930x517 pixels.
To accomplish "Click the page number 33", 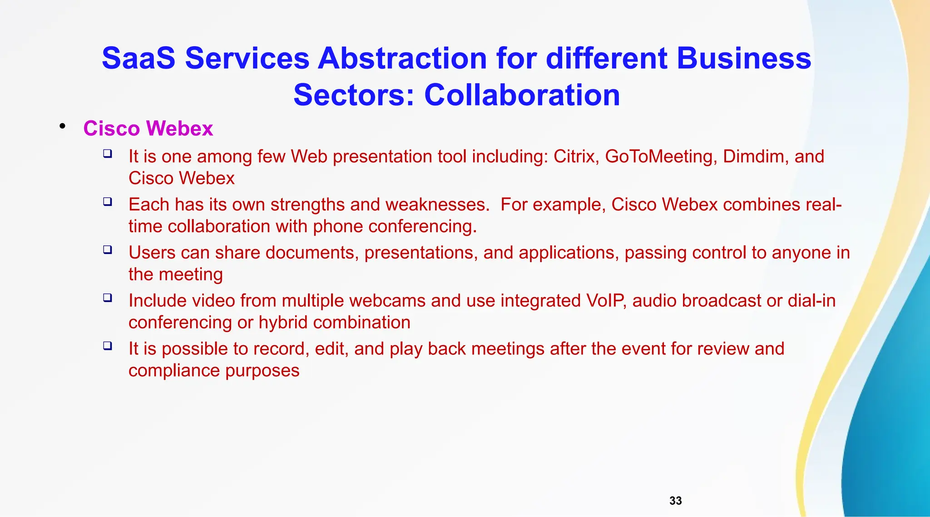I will tap(675, 501).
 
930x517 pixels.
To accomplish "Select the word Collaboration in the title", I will tap(522, 95).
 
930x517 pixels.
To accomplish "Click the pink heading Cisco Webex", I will tap(148, 129).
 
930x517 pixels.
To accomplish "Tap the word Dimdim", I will tap(756, 156).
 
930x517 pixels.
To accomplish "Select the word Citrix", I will tap(576, 156).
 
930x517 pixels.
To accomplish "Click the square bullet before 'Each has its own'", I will tap(108, 201).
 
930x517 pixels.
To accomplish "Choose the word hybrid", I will tap(283, 323).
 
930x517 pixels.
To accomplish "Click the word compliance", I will tap(174, 371).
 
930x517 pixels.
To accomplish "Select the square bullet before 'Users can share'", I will tap(108, 249).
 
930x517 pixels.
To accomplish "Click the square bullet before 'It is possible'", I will tap(108, 346).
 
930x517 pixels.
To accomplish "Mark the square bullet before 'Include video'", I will tap(108, 298).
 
